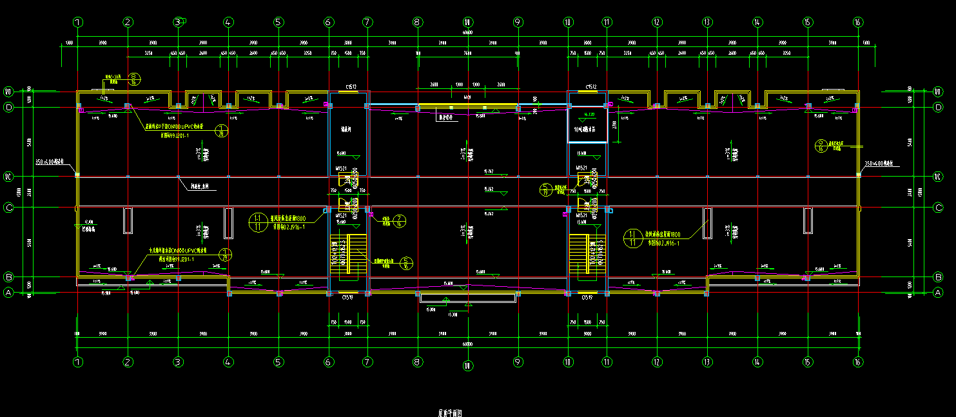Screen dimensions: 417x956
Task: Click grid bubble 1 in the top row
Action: click(x=78, y=22)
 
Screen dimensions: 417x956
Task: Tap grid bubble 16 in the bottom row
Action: click(x=857, y=362)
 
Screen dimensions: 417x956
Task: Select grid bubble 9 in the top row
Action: click(x=518, y=22)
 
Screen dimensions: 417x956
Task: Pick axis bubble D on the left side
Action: click(x=9, y=108)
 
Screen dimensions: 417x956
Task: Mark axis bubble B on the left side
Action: click(x=9, y=277)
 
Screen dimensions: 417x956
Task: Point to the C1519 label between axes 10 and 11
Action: click(x=587, y=298)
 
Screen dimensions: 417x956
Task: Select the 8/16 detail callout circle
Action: click(x=134, y=79)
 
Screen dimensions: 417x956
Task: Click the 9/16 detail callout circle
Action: click(x=821, y=145)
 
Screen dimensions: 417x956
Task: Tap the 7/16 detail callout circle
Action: click(x=400, y=221)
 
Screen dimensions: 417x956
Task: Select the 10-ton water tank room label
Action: click(x=587, y=129)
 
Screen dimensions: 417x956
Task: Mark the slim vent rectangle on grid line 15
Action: click(x=807, y=220)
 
